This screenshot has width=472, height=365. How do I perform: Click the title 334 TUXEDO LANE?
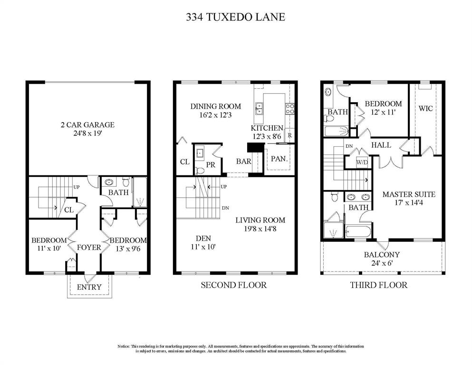(235, 18)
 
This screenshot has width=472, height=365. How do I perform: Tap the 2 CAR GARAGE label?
(87, 125)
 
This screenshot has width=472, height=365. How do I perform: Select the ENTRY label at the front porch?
(89, 287)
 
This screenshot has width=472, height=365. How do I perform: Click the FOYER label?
(89, 247)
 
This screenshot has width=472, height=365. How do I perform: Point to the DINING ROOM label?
(215, 106)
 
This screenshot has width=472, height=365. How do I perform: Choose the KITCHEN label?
(267, 128)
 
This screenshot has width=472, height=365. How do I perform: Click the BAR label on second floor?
(243, 162)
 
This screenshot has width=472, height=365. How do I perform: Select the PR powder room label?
(211, 165)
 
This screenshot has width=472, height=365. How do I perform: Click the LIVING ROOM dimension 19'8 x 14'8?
(260, 229)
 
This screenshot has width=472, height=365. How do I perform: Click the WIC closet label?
(425, 109)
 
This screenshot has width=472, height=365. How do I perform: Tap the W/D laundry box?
(362, 163)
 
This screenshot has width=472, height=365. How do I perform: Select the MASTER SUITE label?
(409, 194)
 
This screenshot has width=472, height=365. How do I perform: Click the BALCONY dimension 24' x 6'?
(382, 262)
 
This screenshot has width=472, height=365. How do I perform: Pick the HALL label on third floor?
(381, 144)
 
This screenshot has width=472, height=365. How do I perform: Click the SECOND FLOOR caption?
(233, 285)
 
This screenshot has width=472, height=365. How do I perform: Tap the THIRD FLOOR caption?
(378, 285)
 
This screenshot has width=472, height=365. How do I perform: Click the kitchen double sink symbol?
(259, 109)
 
